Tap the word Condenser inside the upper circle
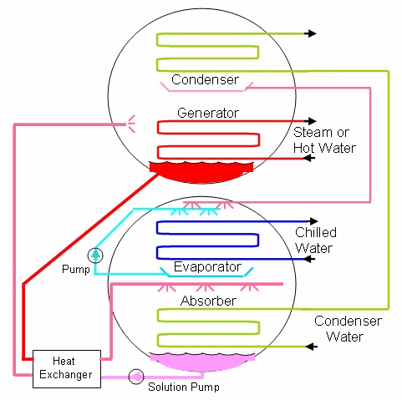coord(205,79)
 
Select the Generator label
coord(208,112)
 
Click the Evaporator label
coord(207,267)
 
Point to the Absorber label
coord(207,300)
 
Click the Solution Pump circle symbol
coord(135,376)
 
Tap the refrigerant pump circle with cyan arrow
coord(96,254)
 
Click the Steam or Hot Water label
coord(324,140)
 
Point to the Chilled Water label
coord(315,240)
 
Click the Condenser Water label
coord(348,329)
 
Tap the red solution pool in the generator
coord(201,170)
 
